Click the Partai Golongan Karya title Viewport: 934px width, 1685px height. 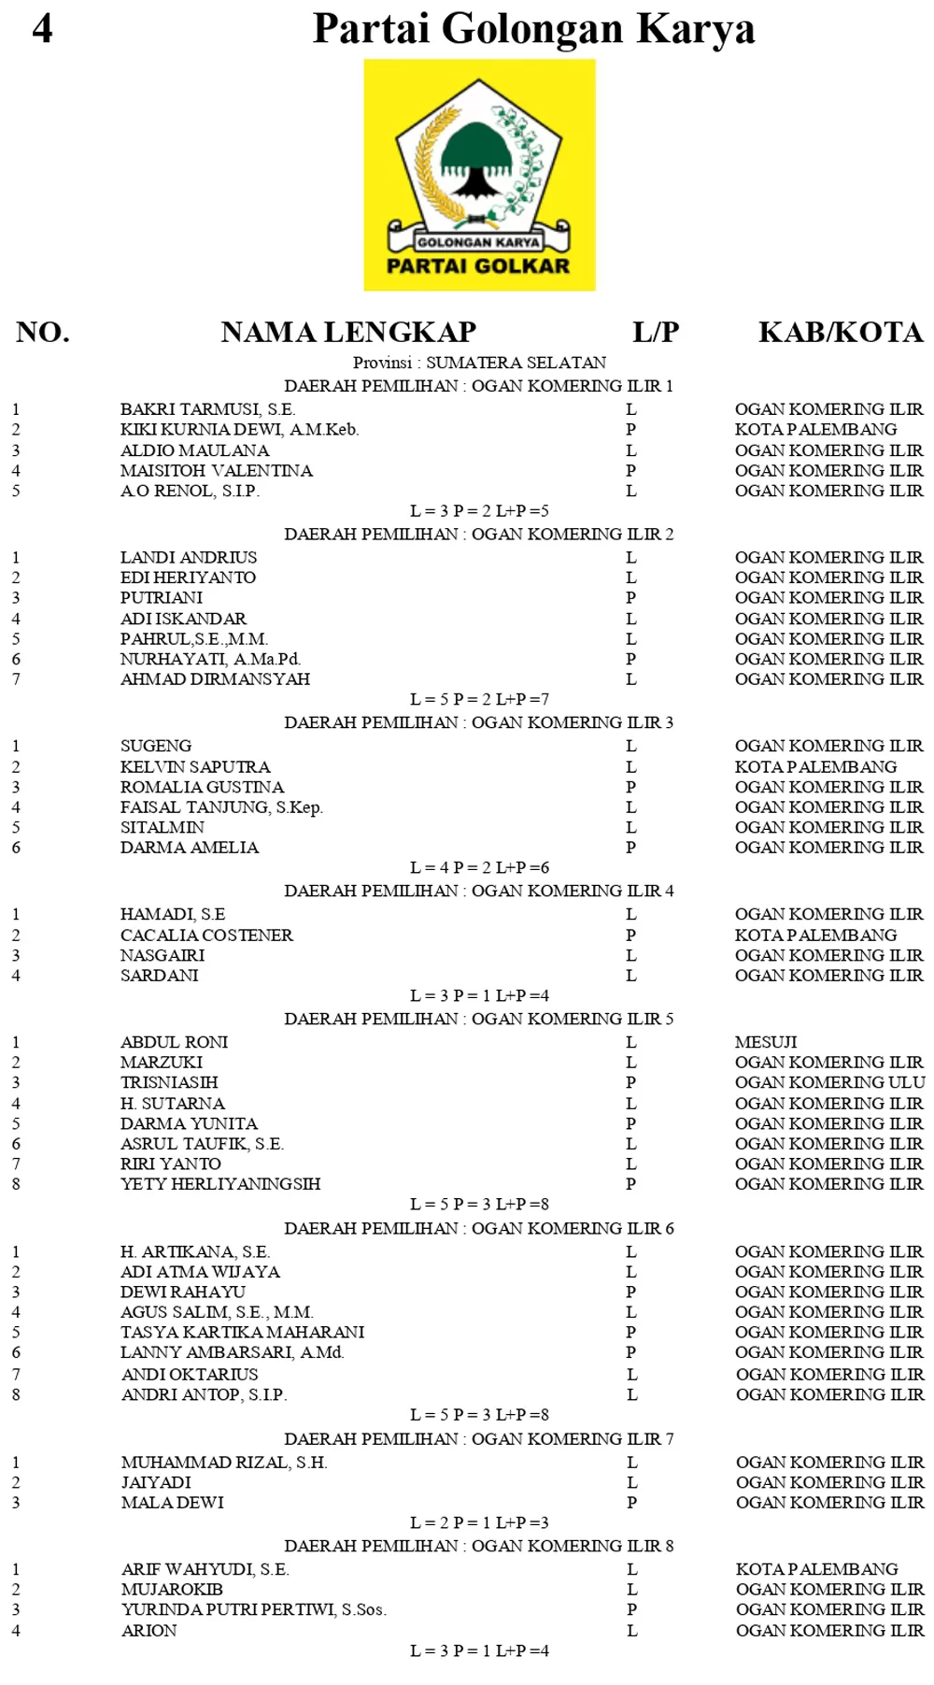(x=533, y=28)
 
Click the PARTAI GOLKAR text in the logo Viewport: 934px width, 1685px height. (x=478, y=266)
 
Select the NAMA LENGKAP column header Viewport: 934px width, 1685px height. (x=348, y=332)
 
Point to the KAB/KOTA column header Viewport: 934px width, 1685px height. (x=841, y=332)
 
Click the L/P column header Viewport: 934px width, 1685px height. (x=656, y=332)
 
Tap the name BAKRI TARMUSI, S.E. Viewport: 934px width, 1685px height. (x=207, y=409)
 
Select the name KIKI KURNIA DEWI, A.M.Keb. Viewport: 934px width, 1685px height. (x=239, y=430)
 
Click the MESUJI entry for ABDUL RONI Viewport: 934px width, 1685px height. (x=766, y=1042)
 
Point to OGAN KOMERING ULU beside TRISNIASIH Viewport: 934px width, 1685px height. (x=829, y=1082)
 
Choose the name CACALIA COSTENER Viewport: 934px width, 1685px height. (x=206, y=935)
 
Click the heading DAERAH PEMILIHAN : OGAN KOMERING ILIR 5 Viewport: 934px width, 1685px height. (x=478, y=1019)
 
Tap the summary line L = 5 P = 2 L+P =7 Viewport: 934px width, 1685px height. (x=479, y=699)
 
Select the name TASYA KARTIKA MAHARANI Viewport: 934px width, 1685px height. (x=242, y=1332)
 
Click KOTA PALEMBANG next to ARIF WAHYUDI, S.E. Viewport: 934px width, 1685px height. (x=816, y=1569)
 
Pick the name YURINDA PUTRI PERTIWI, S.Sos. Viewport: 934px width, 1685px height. (x=253, y=1609)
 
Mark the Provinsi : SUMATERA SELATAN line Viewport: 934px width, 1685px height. (x=479, y=363)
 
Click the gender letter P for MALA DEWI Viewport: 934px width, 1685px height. (x=632, y=1503)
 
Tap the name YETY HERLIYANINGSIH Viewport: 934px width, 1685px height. (x=220, y=1184)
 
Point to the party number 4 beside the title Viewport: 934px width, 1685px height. (x=42, y=28)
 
